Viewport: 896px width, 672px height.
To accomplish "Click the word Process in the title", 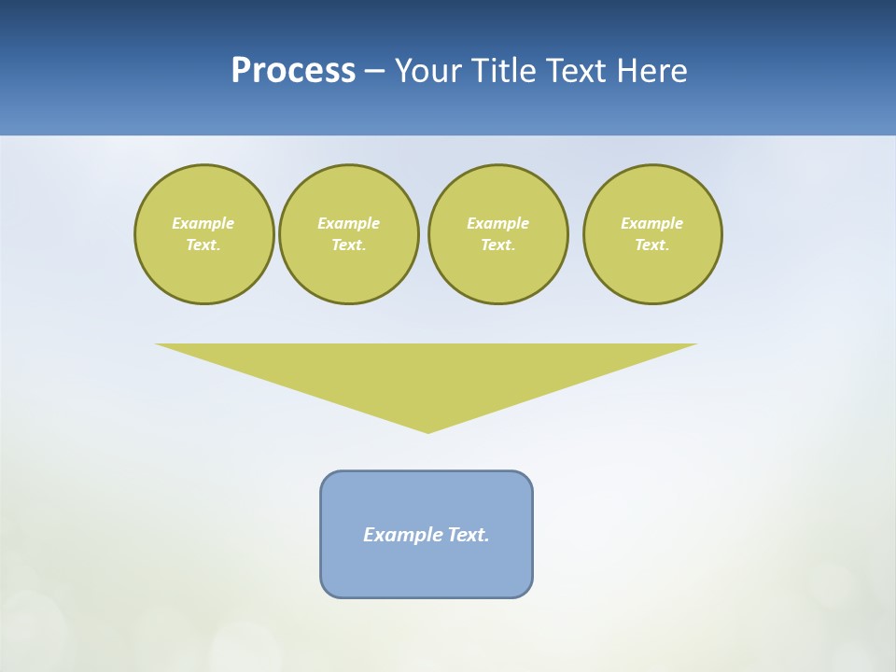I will point(293,71).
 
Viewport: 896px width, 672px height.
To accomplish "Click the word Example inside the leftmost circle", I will point(203,223).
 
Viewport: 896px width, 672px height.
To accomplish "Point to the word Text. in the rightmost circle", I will point(652,245).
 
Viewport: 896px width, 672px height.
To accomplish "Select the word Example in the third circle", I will point(497,223).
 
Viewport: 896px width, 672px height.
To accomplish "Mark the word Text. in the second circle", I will point(349,245).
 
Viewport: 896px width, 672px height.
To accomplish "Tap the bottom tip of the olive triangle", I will point(427,430).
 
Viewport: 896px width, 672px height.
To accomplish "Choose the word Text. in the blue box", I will point(469,535).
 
